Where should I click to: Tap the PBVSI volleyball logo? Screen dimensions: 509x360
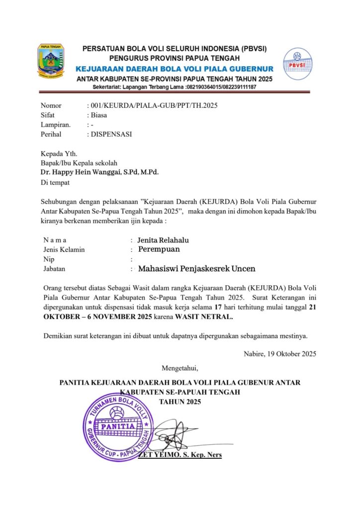click(297, 65)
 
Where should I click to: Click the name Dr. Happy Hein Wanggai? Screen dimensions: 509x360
click(82, 172)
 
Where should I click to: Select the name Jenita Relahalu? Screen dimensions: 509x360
click(163, 240)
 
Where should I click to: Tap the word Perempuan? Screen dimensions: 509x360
click(159, 249)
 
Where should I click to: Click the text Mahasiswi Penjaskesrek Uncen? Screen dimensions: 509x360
click(196, 269)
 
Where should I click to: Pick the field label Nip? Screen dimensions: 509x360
click(48, 259)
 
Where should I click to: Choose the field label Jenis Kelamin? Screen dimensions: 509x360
click(64, 250)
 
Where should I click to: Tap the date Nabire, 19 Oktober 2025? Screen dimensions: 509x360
click(279, 354)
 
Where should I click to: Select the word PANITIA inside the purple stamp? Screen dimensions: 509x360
click(117, 426)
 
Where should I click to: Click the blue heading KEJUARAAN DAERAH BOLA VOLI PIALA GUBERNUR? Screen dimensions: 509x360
click(174, 69)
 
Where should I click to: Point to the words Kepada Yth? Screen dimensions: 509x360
click(59, 154)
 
